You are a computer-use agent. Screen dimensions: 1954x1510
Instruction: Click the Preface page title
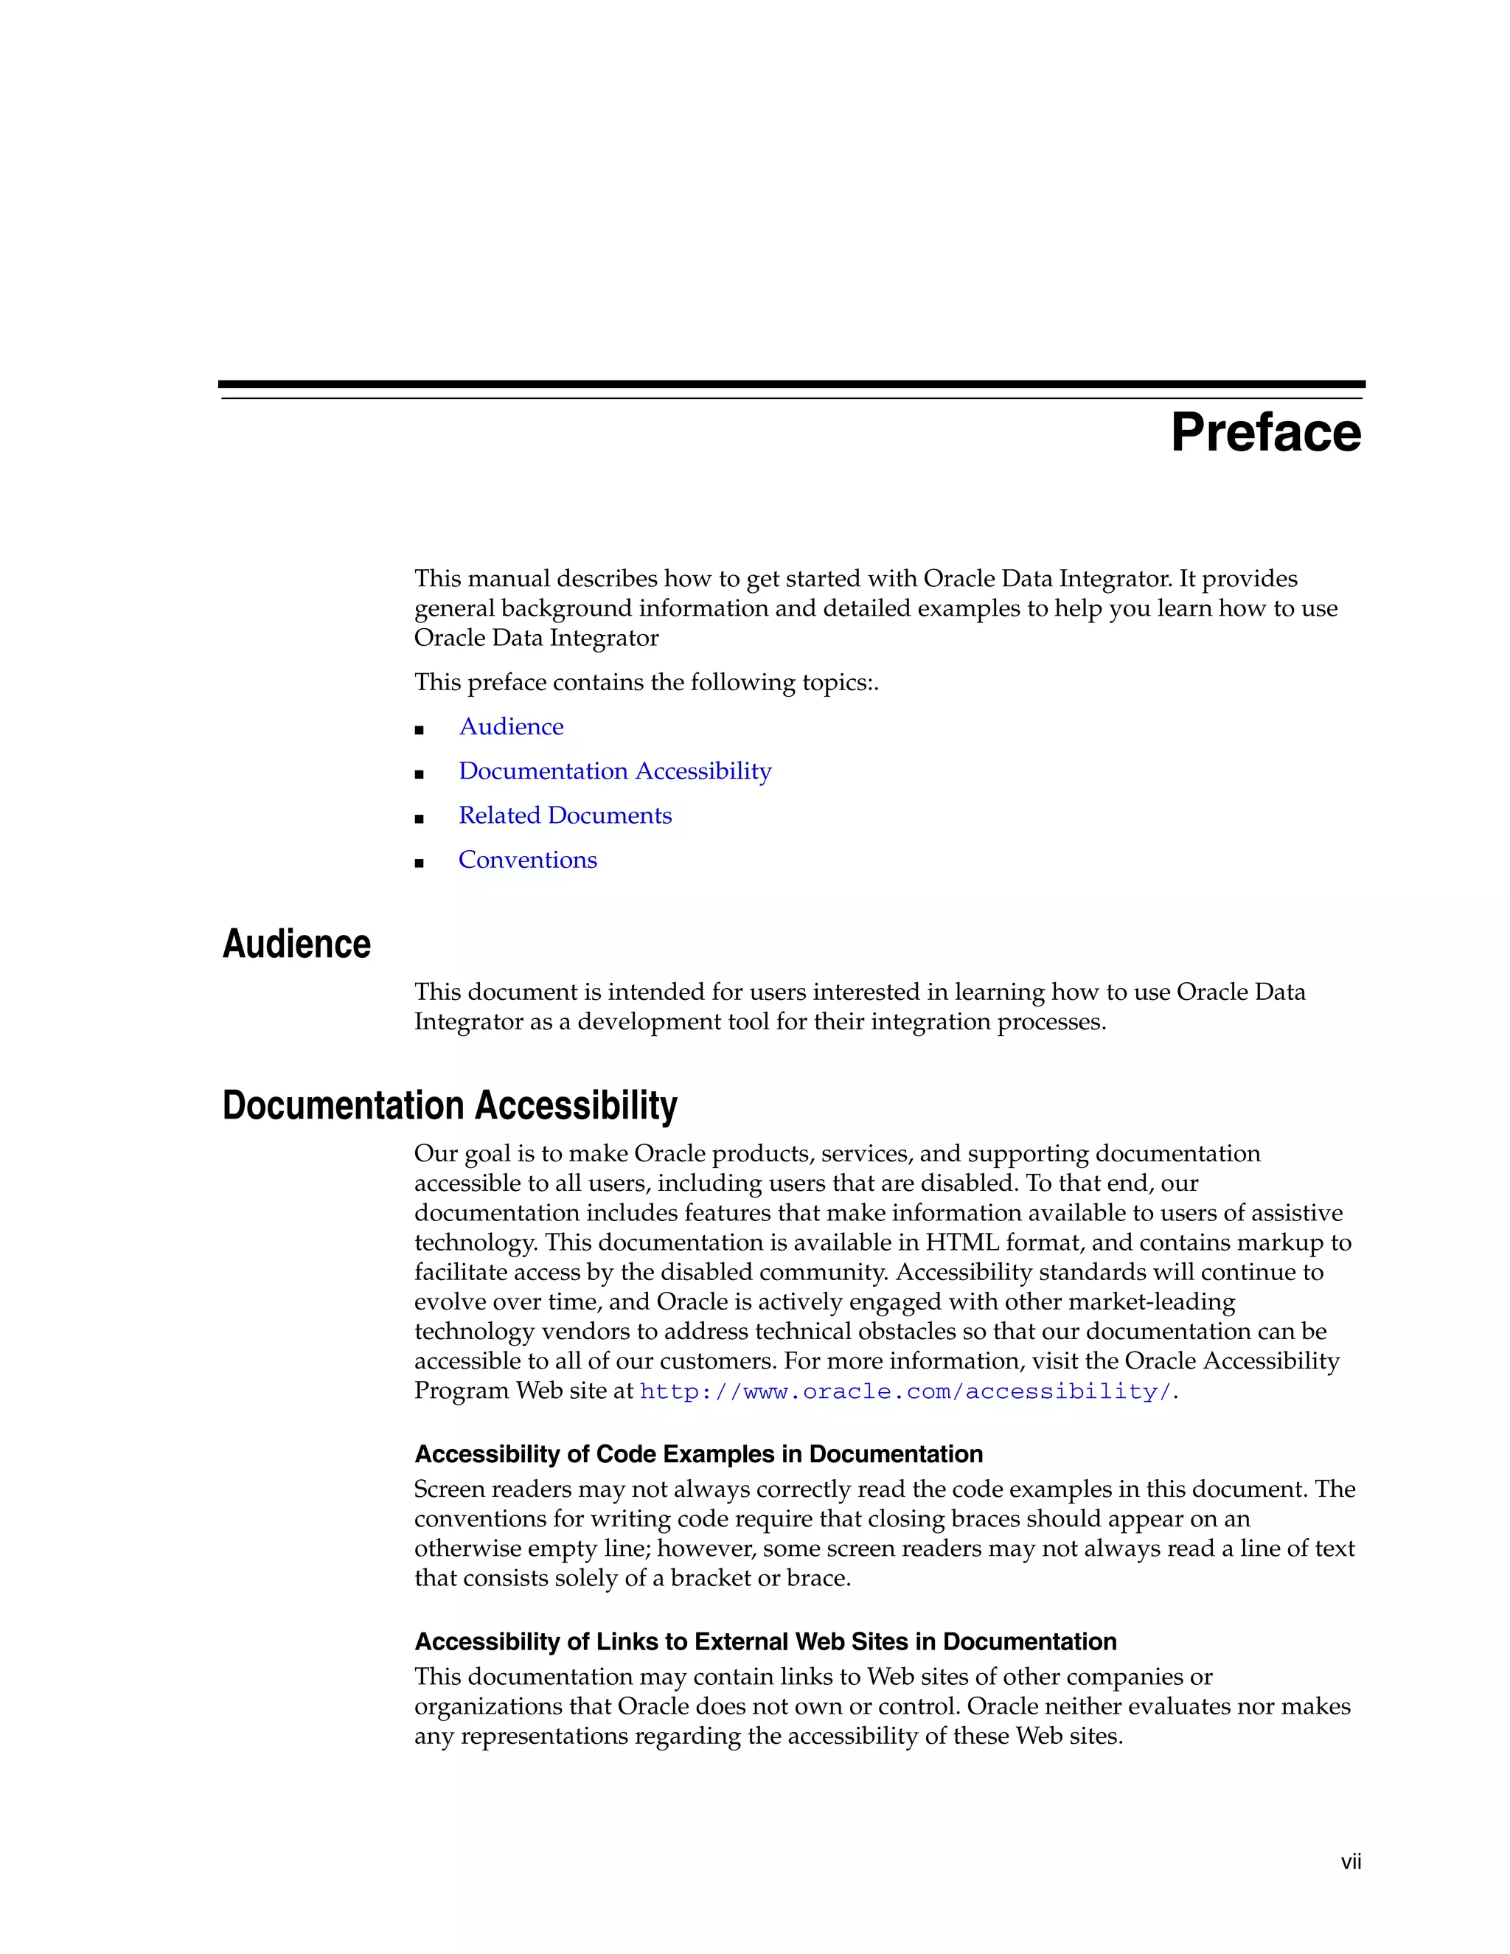[1265, 434]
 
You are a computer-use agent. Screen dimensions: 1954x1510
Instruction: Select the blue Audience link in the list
[511, 726]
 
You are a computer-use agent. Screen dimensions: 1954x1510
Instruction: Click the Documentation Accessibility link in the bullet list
[615, 771]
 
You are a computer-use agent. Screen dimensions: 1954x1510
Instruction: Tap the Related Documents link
[565, 815]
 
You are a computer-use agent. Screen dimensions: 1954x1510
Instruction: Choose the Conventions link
[527, 860]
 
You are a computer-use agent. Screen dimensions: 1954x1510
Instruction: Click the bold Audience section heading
[296, 945]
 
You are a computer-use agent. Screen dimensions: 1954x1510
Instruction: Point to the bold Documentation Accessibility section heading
[449, 1106]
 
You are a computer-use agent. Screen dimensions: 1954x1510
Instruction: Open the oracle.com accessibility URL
[905, 1392]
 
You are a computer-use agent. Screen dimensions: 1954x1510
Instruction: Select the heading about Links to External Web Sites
[765, 1642]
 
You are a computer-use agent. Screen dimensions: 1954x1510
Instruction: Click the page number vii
[1350, 1862]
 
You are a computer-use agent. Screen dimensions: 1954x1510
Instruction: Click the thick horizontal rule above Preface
[791, 384]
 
